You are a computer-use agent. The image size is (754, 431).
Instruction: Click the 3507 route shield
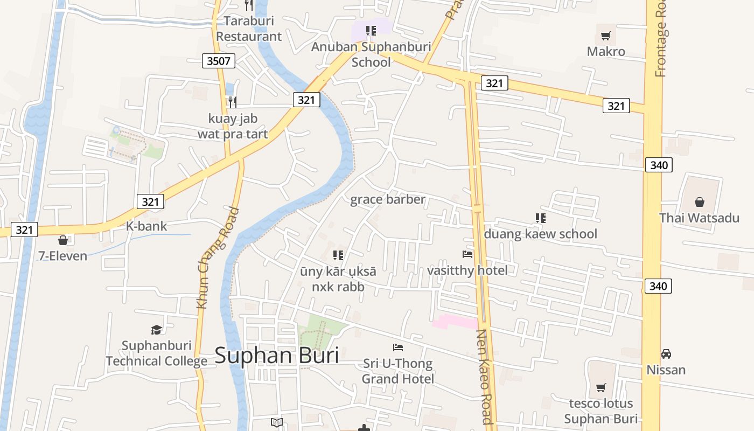click(219, 61)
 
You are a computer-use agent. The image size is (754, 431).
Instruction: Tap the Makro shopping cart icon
click(606, 36)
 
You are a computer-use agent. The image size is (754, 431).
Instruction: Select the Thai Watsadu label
click(699, 218)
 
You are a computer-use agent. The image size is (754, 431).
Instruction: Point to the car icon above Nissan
click(666, 354)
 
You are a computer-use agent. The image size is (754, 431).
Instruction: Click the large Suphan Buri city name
click(277, 356)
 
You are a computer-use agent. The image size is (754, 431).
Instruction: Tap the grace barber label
click(388, 199)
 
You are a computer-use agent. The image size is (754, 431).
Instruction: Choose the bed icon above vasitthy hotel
click(467, 254)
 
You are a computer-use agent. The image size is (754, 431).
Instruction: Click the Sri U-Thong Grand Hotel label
click(397, 371)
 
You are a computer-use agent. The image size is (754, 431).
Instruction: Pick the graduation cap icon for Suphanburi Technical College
click(156, 329)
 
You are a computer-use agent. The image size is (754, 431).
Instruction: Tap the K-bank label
click(146, 226)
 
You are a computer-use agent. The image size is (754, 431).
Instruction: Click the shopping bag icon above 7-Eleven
click(63, 240)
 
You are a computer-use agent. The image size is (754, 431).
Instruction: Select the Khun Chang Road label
click(218, 258)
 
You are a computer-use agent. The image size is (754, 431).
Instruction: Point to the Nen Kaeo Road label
click(484, 377)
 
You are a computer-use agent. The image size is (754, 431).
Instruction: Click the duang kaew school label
click(540, 234)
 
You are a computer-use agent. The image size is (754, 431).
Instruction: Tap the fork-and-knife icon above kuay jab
click(232, 102)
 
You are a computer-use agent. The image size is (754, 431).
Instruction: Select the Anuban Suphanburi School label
click(371, 54)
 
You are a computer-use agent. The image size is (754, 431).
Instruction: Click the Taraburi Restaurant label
click(249, 29)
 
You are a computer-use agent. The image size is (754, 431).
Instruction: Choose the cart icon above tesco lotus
click(601, 387)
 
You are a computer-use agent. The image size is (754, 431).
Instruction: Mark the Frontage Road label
click(661, 39)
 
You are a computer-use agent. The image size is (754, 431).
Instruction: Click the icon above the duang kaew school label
click(541, 218)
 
